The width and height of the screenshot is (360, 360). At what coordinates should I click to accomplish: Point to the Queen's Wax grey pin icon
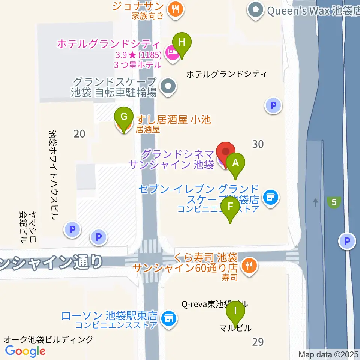click(256, 10)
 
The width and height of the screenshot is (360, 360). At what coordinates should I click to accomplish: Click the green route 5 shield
click(334, 203)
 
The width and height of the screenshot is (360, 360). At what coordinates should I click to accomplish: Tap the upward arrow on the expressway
click(315, 202)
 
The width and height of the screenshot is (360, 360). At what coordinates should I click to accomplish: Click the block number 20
click(79, 133)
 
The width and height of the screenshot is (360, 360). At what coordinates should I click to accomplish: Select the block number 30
click(258, 144)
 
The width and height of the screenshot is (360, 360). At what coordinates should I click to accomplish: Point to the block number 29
click(258, 342)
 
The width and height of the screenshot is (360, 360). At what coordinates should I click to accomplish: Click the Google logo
click(25, 351)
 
